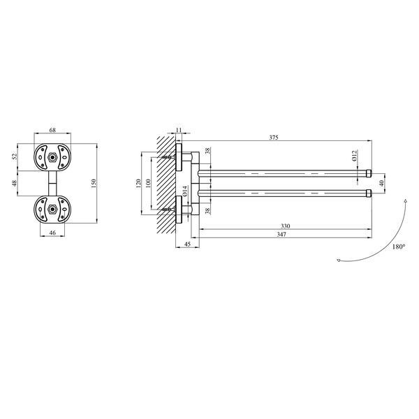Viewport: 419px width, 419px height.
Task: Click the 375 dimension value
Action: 274,138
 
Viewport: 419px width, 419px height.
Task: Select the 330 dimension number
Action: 286,226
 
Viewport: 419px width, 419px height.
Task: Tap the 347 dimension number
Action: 281,235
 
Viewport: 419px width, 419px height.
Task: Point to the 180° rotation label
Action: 399,247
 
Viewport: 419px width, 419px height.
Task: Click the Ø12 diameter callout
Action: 354,156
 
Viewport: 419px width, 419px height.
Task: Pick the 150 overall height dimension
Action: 94,184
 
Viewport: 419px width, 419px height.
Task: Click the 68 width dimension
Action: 52,130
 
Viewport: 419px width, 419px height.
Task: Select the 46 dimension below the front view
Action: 52,233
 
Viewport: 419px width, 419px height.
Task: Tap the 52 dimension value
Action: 15,156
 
